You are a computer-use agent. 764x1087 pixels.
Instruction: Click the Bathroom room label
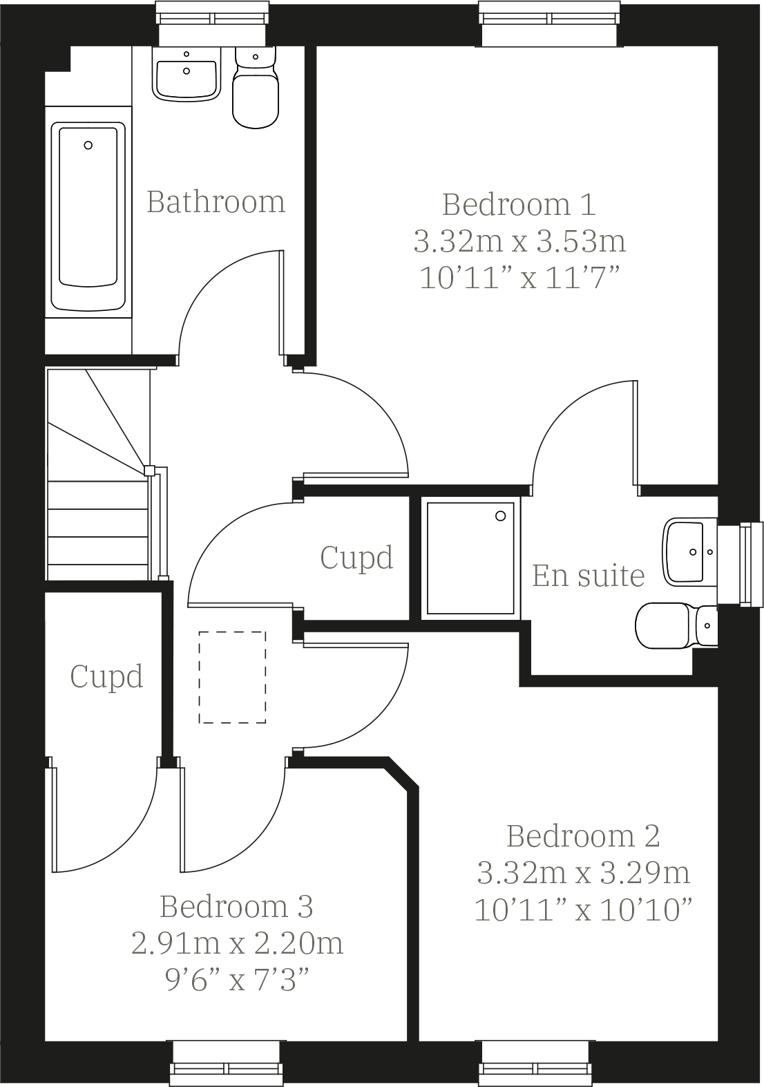(216, 202)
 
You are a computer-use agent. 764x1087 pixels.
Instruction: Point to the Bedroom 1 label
(519, 205)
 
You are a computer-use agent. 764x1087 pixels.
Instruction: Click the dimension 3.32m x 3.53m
(519, 241)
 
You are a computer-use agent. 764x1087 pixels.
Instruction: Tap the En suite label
(588, 575)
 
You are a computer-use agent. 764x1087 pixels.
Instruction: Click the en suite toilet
(674, 625)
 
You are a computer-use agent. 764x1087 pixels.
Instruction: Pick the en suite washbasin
(689, 552)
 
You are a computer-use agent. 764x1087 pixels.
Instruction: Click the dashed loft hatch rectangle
(232, 677)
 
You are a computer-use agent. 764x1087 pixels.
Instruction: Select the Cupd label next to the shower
(356, 557)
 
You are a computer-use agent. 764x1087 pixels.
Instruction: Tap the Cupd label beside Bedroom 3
(106, 676)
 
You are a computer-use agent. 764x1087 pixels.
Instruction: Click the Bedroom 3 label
(236, 907)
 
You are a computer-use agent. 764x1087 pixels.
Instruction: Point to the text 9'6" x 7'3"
(236, 979)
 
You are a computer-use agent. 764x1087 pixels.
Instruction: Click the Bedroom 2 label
(583, 836)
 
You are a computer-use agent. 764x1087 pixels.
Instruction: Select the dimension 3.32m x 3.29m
(583, 873)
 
